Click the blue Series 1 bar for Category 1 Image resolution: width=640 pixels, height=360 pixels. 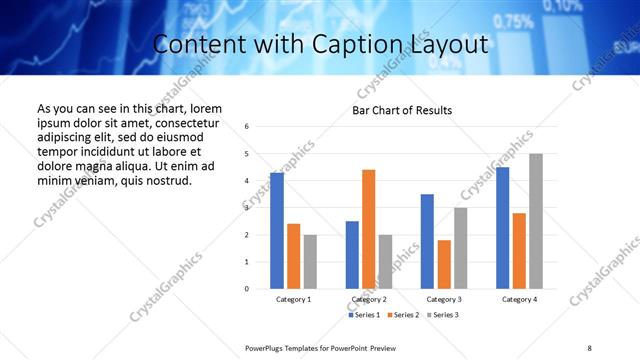(x=276, y=231)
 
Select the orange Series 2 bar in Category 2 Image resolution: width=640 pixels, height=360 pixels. (x=368, y=229)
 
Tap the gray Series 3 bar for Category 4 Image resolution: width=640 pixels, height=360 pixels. (x=536, y=221)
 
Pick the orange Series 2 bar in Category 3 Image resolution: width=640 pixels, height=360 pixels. (x=444, y=264)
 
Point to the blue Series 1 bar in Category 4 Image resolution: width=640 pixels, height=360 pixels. (x=502, y=228)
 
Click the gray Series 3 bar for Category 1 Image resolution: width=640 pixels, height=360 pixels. (x=310, y=262)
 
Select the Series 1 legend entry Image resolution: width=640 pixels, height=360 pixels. (x=364, y=315)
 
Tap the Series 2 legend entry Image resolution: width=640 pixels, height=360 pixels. (x=402, y=315)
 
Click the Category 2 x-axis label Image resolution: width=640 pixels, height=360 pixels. (x=369, y=299)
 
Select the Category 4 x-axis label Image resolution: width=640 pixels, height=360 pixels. (x=519, y=299)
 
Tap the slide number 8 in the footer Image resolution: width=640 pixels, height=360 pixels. (x=589, y=347)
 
